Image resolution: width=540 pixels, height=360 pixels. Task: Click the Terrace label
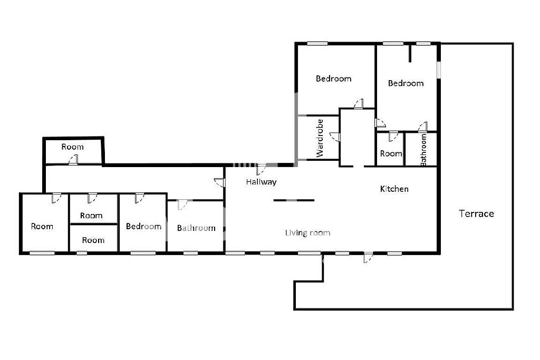(476, 213)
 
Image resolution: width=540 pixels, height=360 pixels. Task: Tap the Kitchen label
(394, 189)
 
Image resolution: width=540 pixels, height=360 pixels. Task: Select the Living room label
(307, 232)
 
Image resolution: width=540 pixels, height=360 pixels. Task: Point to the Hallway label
(261, 182)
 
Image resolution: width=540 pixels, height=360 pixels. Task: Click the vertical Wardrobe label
(320, 138)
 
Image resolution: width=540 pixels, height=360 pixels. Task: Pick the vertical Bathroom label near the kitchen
(423, 150)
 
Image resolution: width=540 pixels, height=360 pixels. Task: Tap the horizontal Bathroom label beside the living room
(196, 228)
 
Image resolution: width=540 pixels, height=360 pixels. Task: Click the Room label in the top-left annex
(72, 147)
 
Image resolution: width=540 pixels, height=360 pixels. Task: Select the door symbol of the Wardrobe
(335, 137)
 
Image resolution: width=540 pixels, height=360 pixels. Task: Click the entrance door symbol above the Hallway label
(261, 169)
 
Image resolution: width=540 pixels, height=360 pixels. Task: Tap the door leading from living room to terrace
(368, 257)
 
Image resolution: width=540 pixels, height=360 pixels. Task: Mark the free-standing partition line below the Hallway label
(294, 200)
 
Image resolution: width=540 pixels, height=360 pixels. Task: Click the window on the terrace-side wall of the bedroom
(439, 70)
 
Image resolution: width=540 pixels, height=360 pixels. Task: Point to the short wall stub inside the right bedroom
(409, 53)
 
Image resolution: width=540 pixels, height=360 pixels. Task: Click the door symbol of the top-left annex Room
(73, 160)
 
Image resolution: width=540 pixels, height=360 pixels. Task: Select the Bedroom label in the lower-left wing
(143, 226)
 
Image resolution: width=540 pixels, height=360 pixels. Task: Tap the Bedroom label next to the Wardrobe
(334, 79)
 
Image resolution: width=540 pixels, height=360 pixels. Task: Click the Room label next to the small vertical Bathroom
(391, 153)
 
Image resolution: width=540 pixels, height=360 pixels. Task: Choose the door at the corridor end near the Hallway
(219, 182)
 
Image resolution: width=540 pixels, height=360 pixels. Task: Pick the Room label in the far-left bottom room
(42, 226)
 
